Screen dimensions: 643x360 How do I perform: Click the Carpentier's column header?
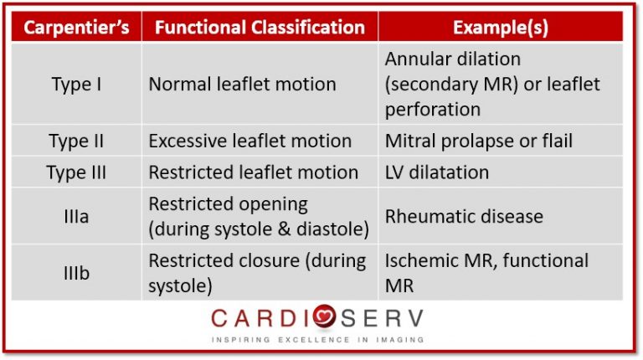[x=76, y=28]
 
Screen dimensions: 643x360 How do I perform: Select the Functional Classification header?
[x=260, y=28]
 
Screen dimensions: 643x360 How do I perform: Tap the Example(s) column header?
[x=501, y=28]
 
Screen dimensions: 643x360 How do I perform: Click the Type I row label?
[x=76, y=85]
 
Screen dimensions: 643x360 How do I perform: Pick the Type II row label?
[x=76, y=141]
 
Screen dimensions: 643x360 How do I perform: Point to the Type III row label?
[x=76, y=172]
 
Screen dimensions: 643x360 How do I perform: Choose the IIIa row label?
[x=76, y=217]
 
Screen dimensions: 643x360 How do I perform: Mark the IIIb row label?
[x=76, y=273]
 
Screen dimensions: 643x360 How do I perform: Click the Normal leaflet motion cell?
[x=242, y=85]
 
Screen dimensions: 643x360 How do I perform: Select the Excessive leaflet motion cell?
[x=250, y=141]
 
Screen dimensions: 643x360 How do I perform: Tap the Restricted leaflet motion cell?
[x=254, y=172]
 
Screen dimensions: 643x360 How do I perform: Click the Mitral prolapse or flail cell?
[x=479, y=141]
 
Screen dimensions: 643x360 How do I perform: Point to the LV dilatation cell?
[x=437, y=172]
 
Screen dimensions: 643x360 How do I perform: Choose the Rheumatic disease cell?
[x=464, y=217]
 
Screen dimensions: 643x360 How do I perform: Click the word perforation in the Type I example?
[x=433, y=110]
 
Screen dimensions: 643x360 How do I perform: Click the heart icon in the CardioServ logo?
[x=324, y=316]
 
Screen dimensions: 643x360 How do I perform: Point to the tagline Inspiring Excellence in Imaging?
[x=318, y=340]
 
